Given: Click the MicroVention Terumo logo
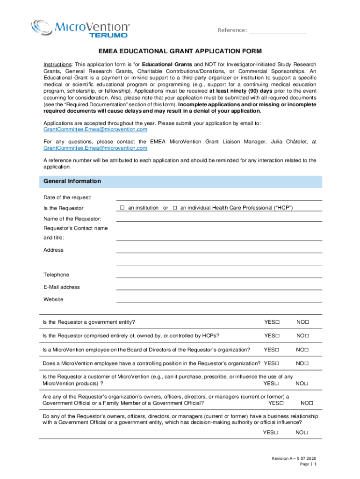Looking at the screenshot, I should tap(80, 28).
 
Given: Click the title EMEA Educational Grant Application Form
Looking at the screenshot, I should tap(180, 51).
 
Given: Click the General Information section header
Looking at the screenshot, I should tap(72, 181).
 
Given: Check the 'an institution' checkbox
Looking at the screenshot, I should tap(122, 208).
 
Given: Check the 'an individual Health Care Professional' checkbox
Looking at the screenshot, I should tap(175, 208).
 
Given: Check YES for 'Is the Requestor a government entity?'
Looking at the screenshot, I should tap(277, 322).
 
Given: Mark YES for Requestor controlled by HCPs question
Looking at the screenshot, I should tap(277, 336).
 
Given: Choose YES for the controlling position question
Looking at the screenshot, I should tap(277, 363).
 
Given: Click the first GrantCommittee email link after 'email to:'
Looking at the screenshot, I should tap(95, 129).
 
